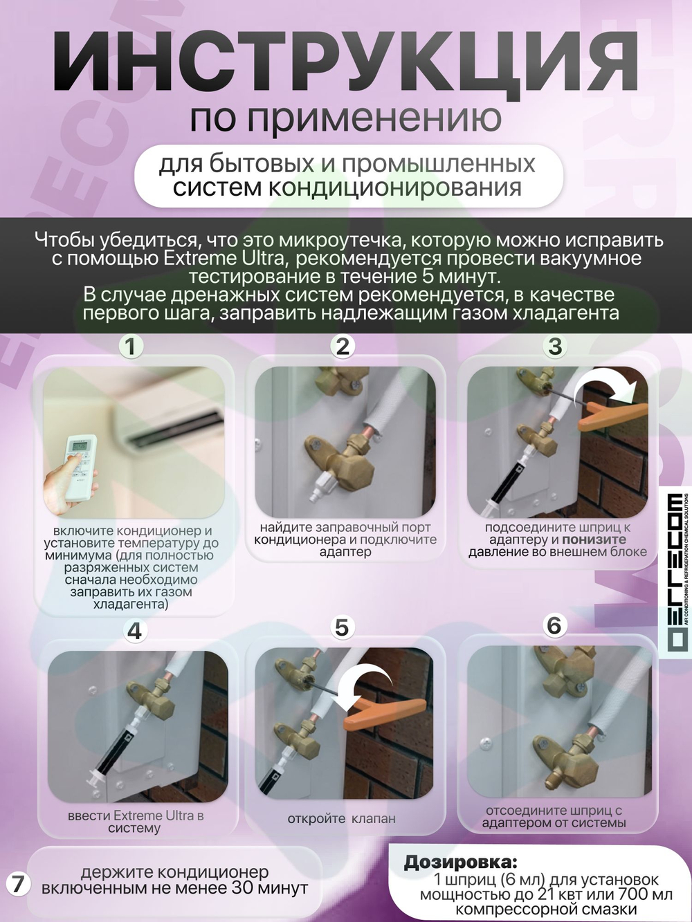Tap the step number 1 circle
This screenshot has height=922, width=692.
[x=131, y=348]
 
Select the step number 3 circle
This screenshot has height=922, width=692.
[x=556, y=347]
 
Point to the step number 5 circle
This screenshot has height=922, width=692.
[x=342, y=628]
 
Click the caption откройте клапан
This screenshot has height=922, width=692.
[x=342, y=819]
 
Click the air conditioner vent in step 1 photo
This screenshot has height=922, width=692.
[x=176, y=427]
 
